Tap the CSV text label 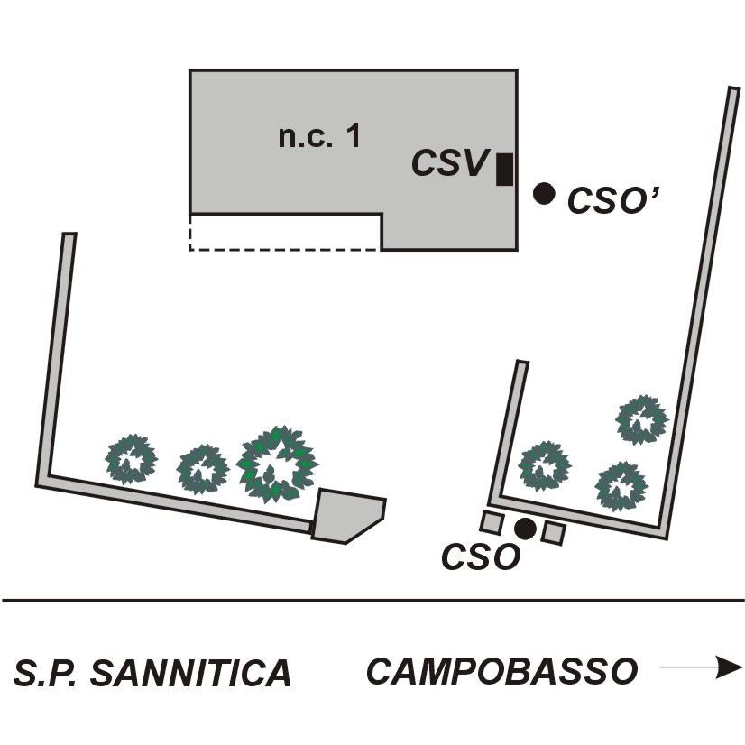[x=450, y=164]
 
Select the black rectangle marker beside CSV [x=505, y=169]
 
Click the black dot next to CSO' [x=544, y=192]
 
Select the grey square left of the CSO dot [x=492, y=522]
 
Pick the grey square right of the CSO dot [x=554, y=533]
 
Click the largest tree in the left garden [x=276, y=464]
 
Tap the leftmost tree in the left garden [x=132, y=458]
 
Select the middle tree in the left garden [x=203, y=469]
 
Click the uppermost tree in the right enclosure [x=642, y=419]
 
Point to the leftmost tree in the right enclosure [x=546, y=465]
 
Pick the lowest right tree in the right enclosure [x=621, y=485]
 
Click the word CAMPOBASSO [x=502, y=671]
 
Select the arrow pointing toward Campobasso [x=701, y=668]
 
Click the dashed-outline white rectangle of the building [x=284, y=232]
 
